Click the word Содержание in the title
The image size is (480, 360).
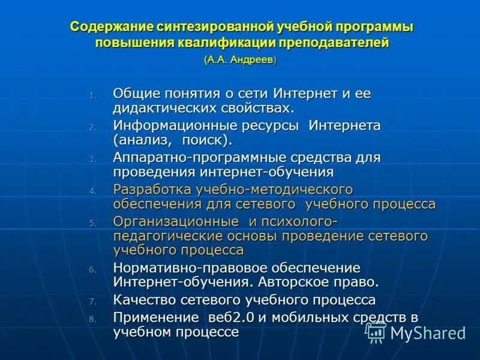coord(112,28)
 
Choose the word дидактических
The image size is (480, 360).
coord(158,108)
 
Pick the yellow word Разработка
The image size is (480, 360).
coord(152,190)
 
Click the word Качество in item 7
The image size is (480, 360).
coord(142,299)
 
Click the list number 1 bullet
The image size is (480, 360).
coord(92,95)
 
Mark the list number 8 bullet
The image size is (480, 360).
coord(92,319)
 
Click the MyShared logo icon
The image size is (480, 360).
coord(376,332)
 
